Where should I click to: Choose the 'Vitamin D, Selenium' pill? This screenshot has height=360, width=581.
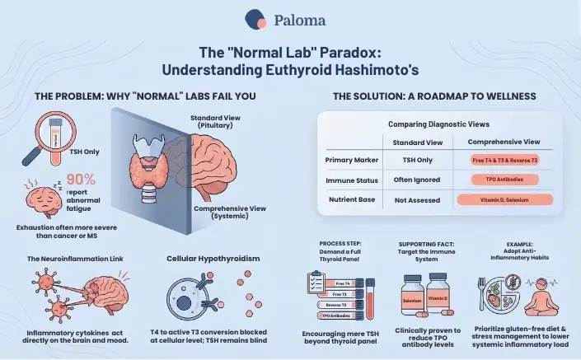tap(504, 199)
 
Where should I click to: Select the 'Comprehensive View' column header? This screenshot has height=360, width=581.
tap(504, 142)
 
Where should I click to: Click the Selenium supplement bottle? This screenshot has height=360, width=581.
tap(412, 298)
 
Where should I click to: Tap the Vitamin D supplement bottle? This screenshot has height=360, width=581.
tap(437, 297)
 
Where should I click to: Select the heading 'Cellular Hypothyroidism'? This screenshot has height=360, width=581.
tap(213, 258)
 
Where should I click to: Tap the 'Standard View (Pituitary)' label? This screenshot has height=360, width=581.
tap(215, 121)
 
